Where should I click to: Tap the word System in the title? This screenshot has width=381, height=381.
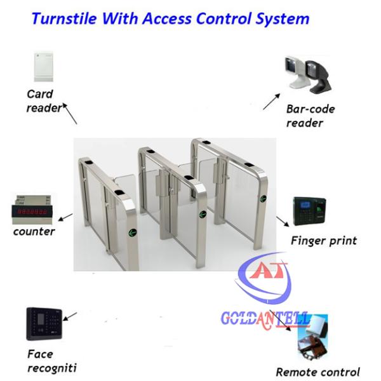point(283,19)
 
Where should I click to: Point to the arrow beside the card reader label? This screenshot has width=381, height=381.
point(71,115)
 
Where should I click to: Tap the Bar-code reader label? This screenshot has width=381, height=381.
point(310,116)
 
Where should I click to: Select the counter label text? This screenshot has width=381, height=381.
point(34,232)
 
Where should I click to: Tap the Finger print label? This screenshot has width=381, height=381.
point(323,241)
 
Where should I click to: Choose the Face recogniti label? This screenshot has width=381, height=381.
point(48,361)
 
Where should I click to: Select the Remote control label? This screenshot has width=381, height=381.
point(317,372)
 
